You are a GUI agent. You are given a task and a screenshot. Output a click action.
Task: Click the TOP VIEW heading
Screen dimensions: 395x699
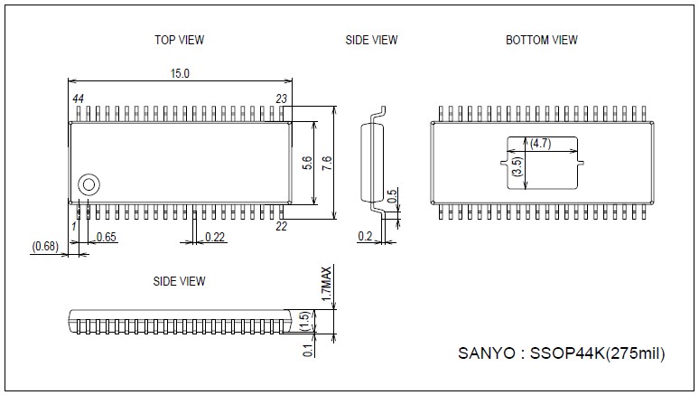click(179, 40)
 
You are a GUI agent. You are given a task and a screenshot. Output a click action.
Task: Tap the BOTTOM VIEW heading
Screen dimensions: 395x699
click(542, 40)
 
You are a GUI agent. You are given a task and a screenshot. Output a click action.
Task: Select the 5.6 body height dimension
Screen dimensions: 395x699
click(307, 163)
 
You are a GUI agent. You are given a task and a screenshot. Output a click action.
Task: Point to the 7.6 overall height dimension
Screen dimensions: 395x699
click(327, 163)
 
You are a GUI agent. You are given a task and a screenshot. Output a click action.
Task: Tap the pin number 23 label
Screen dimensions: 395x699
click(282, 98)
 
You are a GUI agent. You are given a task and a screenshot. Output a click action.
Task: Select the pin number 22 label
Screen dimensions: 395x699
click(281, 226)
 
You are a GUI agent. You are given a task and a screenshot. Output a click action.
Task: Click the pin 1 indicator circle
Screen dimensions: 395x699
click(89, 183)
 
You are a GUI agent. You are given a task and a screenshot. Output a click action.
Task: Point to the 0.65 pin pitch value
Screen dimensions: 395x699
click(107, 237)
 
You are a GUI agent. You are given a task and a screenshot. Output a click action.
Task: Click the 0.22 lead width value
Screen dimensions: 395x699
click(215, 237)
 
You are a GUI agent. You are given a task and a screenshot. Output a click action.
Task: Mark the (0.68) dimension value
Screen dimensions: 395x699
click(45, 246)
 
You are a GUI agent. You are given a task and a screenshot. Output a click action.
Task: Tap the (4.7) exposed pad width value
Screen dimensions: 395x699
click(541, 144)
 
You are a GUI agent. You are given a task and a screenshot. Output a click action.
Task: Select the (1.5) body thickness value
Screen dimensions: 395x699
click(305, 320)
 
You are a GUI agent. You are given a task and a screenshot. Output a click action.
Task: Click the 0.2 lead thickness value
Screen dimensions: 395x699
click(365, 237)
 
